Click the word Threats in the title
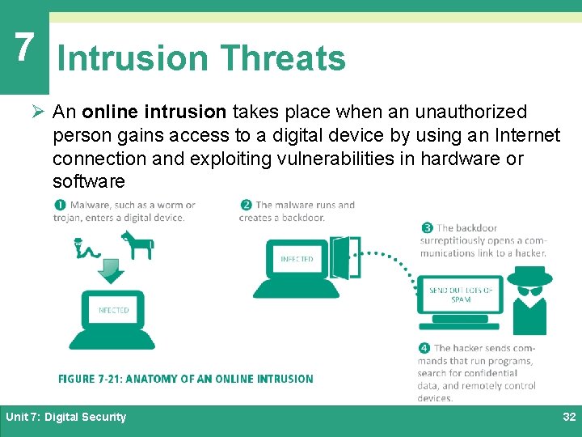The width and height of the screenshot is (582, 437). [x=282, y=58]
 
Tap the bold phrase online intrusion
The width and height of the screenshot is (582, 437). [x=154, y=112]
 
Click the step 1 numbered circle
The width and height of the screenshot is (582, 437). [x=62, y=206]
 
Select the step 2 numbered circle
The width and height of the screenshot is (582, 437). [x=246, y=206]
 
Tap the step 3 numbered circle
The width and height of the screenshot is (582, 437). [x=427, y=228]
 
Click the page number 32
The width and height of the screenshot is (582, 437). [x=568, y=417]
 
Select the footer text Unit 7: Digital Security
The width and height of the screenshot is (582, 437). [x=66, y=417]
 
